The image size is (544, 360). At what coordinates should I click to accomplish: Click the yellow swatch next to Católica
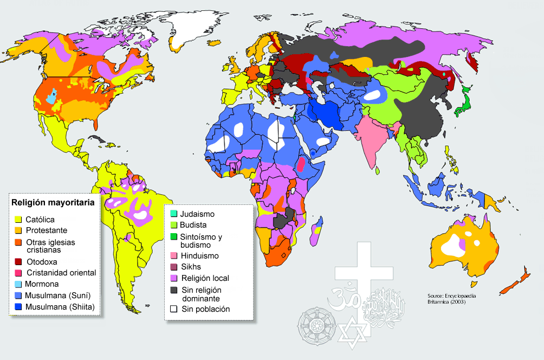pyautogui.click(x=17, y=220)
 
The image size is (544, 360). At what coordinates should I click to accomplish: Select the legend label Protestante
pyautogui.click(x=47, y=230)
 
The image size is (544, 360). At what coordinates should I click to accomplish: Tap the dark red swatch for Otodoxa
pyautogui.click(x=17, y=262)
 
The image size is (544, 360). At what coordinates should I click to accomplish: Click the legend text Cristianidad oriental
pyautogui.click(x=61, y=273)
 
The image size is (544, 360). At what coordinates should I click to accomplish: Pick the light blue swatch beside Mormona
pyautogui.click(x=17, y=284)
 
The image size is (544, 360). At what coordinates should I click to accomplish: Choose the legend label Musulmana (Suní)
pyautogui.click(x=57, y=295)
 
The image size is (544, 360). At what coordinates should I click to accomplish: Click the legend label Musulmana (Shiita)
pyautogui.click(x=60, y=307)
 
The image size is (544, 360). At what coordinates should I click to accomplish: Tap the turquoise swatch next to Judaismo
pyautogui.click(x=173, y=214)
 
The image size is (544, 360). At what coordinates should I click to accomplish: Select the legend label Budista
pyautogui.click(x=193, y=225)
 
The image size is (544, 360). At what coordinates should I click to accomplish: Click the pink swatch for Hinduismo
pyautogui.click(x=173, y=255)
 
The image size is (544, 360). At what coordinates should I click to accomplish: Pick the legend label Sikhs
pyautogui.click(x=191, y=267)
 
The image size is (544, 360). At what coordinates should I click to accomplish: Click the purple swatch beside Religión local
pyautogui.click(x=173, y=278)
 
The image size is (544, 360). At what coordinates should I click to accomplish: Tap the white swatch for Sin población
pyautogui.click(x=173, y=309)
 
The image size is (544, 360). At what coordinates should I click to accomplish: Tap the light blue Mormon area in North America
pyautogui.click(x=50, y=98)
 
